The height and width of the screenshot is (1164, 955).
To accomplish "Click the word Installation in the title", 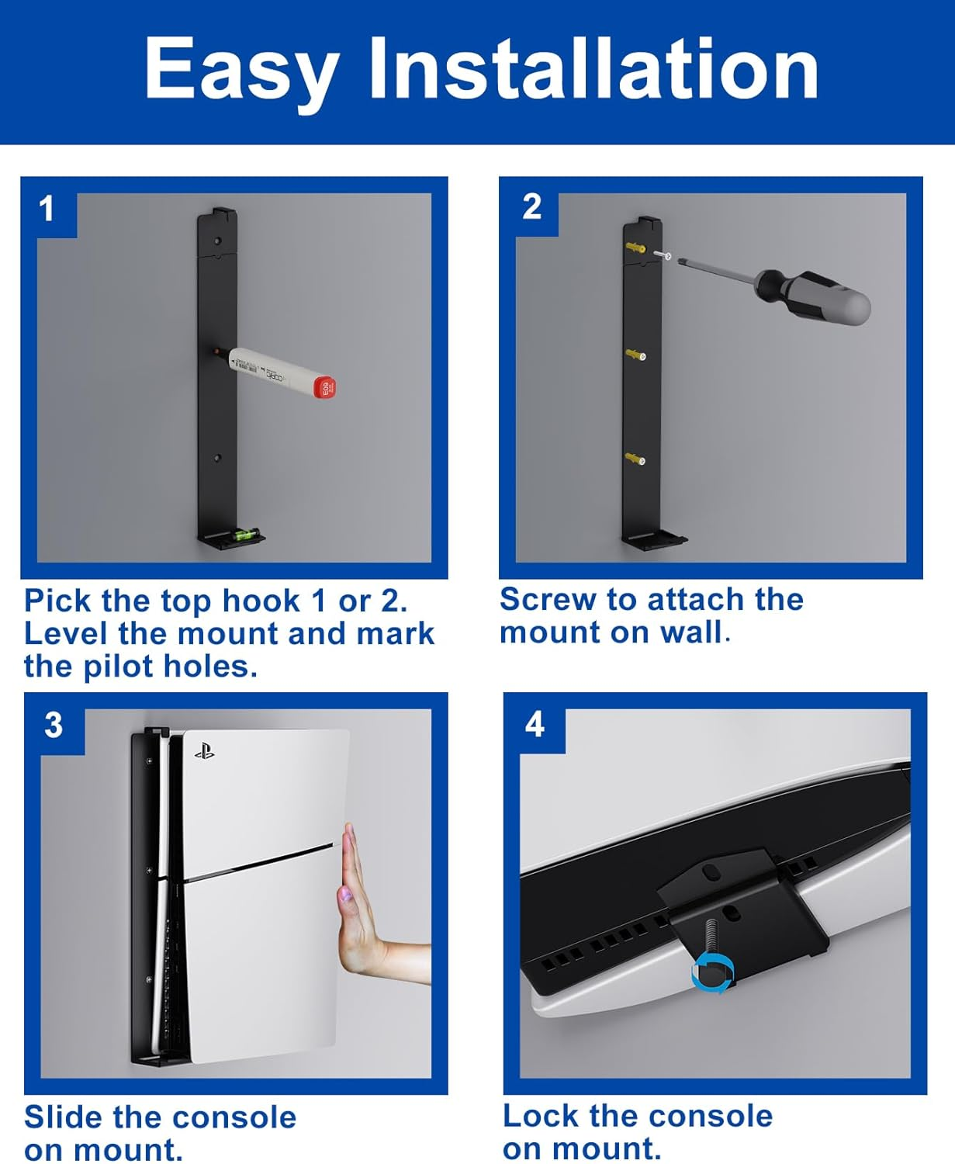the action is (x=593, y=70).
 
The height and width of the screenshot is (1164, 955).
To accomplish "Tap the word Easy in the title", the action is (x=241, y=74).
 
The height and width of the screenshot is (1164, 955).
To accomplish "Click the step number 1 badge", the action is (x=47, y=209).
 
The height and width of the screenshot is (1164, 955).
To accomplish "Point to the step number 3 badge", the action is (x=54, y=724).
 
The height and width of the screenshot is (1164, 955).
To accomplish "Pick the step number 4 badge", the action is (x=535, y=724).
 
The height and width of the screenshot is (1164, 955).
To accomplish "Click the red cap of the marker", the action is (x=326, y=387).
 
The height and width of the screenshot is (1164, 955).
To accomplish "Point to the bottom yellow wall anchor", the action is (x=635, y=459).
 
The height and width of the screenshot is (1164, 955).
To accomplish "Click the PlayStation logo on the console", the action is (x=205, y=753).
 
